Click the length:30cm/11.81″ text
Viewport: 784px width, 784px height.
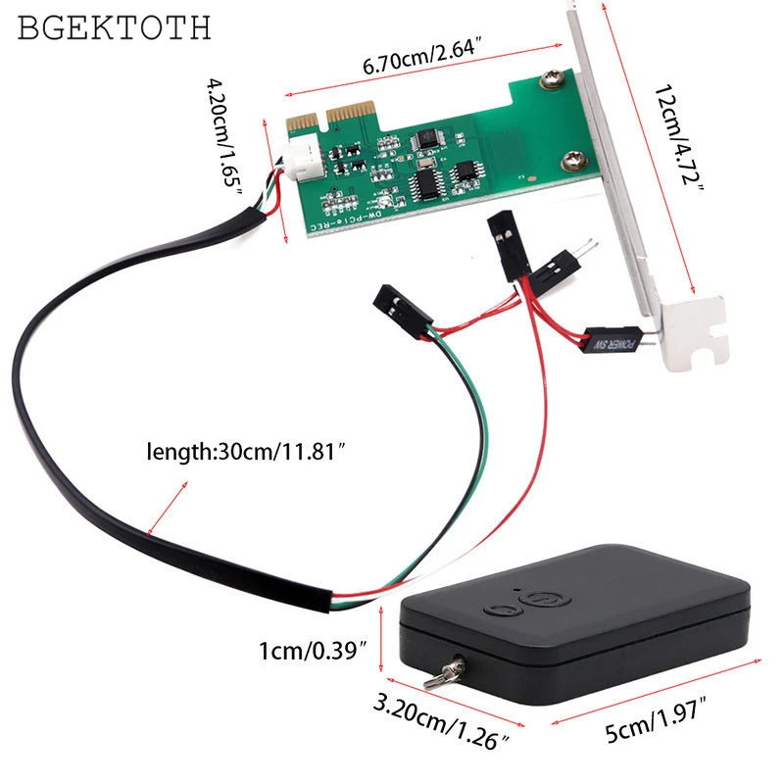pos(246,452)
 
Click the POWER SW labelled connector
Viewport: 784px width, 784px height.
pos(612,341)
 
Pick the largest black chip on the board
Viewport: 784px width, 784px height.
pos(425,180)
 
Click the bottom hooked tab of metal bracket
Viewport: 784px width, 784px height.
pos(699,333)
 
